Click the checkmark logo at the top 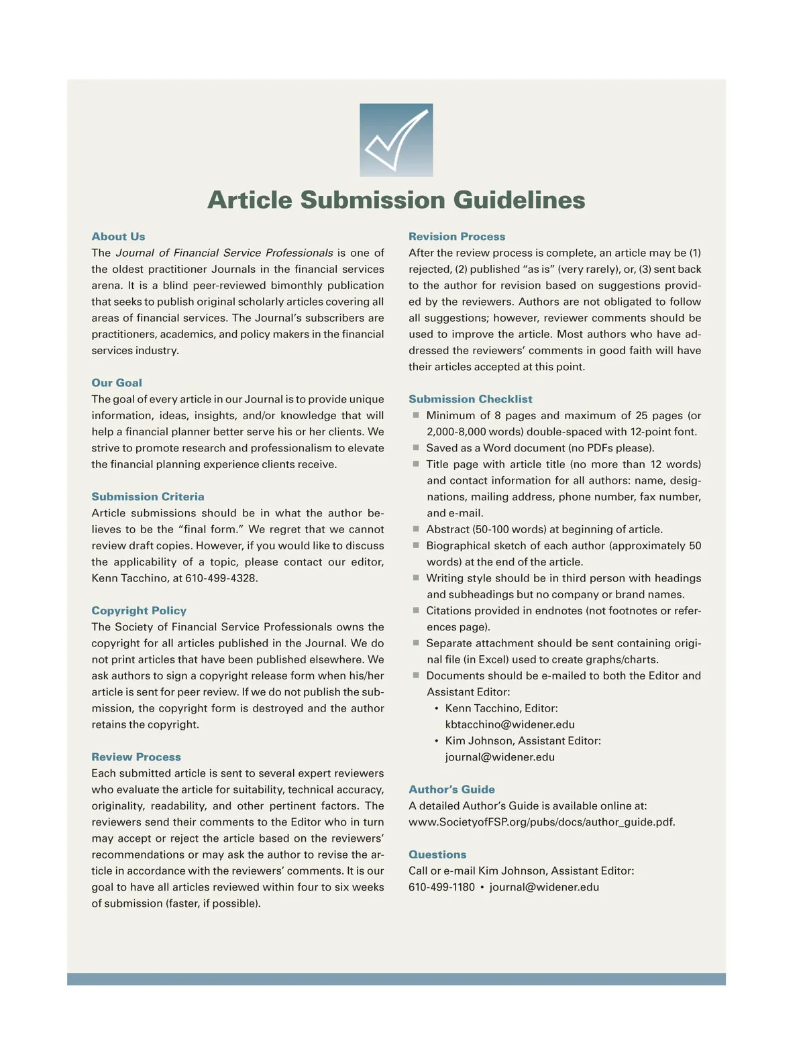tap(396, 139)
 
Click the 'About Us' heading tap(118, 237)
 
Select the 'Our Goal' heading tap(117, 383)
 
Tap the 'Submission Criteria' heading tap(148, 497)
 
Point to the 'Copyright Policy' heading tap(139, 611)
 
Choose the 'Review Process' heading tap(136, 757)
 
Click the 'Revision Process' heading tap(457, 237)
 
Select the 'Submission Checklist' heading tap(470, 399)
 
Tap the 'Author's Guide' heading tap(451, 789)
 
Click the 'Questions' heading tap(437, 854)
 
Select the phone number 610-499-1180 tap(441, 887)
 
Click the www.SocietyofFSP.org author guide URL tap(541, 822)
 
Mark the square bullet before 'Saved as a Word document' tap(416, 447)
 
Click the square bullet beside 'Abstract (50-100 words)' tap(416, 528)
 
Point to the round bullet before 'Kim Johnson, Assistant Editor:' tap(437, 741)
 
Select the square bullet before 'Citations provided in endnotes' tap(416, 610)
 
